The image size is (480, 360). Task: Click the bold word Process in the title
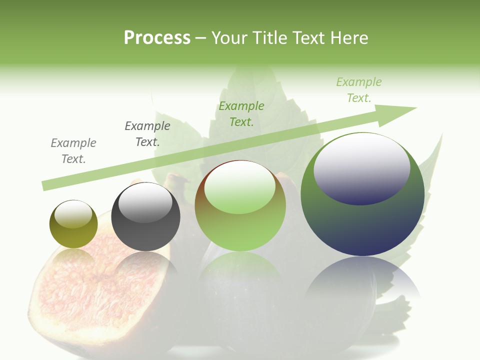point(157,38)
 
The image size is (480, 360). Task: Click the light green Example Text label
point(359,90)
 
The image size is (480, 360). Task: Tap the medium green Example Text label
point(241,114)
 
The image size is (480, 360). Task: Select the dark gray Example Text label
point(147,134)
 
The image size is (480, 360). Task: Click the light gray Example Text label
point(73,151)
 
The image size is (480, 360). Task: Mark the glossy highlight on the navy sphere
point(362,169)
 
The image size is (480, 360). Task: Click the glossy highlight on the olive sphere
point(73,214)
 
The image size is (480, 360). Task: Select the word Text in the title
point(309,38)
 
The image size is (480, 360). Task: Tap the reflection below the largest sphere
point(362,280)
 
